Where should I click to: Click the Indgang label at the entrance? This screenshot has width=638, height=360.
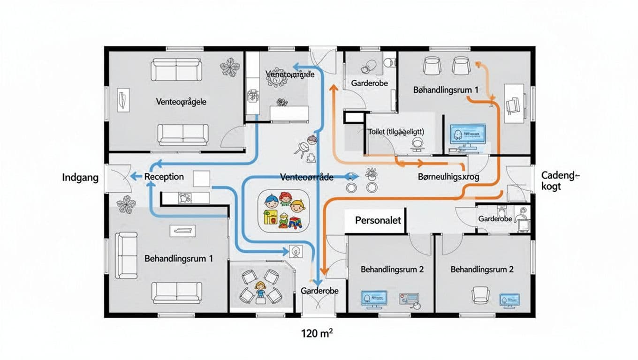tap(80, 178)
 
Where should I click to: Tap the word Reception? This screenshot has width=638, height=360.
tap(164, 177)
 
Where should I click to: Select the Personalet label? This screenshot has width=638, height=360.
tap(378, 220)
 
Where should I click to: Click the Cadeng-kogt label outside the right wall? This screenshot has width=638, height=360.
tap(560, 180)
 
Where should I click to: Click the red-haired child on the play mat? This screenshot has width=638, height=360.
tap(285, 199)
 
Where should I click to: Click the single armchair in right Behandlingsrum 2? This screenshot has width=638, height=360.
tap(480, 295)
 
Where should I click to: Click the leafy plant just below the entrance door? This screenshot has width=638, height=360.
tap(126, 204)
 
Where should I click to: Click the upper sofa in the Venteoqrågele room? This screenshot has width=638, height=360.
tap(176, 69)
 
